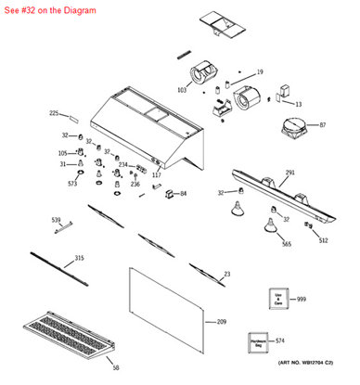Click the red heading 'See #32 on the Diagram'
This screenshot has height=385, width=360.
click(x=43, y=8)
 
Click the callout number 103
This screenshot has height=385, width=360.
click(x=181, y=90)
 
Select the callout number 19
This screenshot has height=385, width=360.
click(x=260, y=71)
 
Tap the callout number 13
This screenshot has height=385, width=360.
click(x=298, y=104)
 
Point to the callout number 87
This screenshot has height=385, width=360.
click(x=322, y=124)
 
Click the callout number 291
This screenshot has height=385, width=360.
click(x=290, y=173)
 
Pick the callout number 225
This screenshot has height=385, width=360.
click(x=53, y=113)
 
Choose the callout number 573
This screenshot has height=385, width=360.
click(x=72, y=184)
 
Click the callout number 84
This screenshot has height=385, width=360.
click(x=183, y=194)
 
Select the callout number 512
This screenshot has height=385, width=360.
click(x=323, y=240)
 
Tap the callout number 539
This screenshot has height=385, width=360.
click(x=56, y=220)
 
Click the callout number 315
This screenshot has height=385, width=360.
click(x=80, y=258)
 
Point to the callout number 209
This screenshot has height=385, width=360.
click(x=221, y=321)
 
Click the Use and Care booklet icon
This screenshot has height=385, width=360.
click(x=277, y=299)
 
